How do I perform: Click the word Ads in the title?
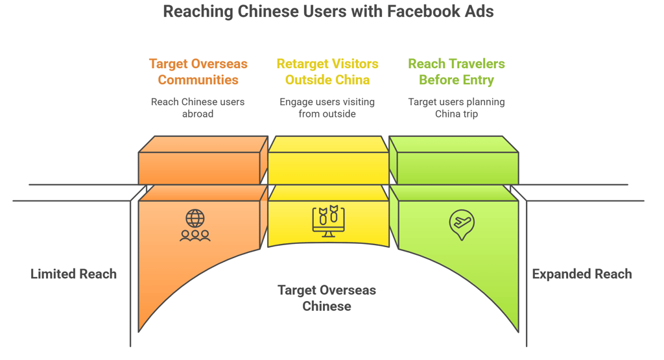pos(480,12)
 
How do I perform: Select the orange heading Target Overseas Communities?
pos(198,72)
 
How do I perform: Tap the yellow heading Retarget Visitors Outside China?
pos(327,72)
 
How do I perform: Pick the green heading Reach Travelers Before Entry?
pos(456,72)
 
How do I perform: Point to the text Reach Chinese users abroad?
pos(198,108)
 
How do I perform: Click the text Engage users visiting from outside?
pos(327,108)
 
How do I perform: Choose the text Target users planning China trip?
pos(456,108)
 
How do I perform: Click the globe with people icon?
pos(195,226)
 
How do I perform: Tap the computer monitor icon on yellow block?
pos(328,221)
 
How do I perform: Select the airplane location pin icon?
pos(462,224)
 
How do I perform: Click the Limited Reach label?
pos(73,274)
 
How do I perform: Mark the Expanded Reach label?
pos(582,274)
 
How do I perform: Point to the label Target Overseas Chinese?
pos(327,298)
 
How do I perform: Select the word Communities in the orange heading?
pos(198,80)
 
